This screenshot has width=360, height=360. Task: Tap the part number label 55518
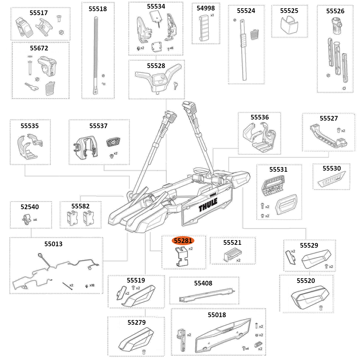click(x=98, y=9)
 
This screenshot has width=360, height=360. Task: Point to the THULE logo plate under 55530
click(x=331, y=180)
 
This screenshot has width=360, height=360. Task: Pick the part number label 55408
click(x=203, y=283)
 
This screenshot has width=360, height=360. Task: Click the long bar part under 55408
click(x=207, y=295)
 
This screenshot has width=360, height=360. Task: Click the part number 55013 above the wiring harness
click(x=53, y=244)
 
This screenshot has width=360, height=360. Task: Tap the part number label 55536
click(x=260, y=117)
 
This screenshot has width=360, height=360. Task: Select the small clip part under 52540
click(x=26, y=218)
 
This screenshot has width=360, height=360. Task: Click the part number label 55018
click(x=217, y=315)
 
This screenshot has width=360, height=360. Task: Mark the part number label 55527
click(x=329, y=118)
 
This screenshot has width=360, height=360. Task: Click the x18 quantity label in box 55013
click(x=92, y=285)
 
